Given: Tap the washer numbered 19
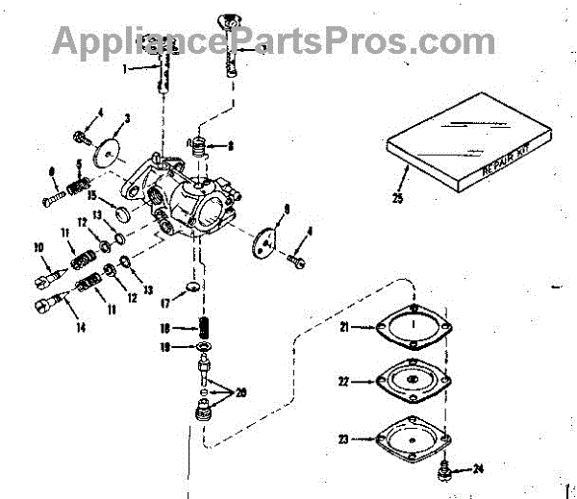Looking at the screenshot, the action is (204, 345).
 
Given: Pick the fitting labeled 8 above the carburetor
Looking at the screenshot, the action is (198, 148).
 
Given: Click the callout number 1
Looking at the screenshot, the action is (125, 68).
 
